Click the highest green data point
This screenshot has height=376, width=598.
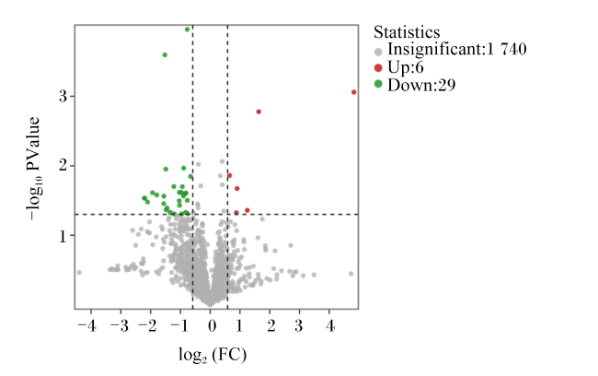pyautogui.click(x=188, y=29)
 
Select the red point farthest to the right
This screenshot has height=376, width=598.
pyautogui.click(x=354, y=92)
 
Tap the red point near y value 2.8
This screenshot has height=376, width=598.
pyautogui.click(x=259, y=112)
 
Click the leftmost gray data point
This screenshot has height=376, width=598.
pyautogui.click(x=79, y=273)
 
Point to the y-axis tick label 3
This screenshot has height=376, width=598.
pyautogui.click(x=63, y=96)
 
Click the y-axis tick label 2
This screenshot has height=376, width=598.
pyautogui.click(x=63, y=166)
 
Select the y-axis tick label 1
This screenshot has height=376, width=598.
pyautogui.click(x=63, y=237)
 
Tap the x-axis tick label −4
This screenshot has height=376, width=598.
pyautogui.click(x=87, y=327)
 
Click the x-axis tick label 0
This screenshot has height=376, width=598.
pyautogui.click(x=212, y=327)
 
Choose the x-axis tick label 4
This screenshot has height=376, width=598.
pyautogui.click(x=330, y=327)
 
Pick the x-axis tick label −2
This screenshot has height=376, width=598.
pyautogui.click(x=147, y=327)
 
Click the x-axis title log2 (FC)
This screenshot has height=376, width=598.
pyautogui.click(x=213, y=355)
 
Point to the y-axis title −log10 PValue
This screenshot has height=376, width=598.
pyautogui.click(x=33, y=169)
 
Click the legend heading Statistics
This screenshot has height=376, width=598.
pyautogui.click(x=407, y=32)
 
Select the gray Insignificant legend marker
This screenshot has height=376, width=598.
pyautogui.click(x=378, y=52)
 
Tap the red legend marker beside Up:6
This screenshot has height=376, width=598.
pyautogui.click(x=378, y=68)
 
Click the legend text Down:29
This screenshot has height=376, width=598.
pyautogui.click(x=421, y=85)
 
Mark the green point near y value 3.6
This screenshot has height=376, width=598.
pyautogui.click(x=165, y=55)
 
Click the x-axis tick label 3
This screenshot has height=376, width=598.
pyautogui.click(x=299, y=327)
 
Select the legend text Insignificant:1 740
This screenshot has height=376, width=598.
pyautogui.click(x=457, y=50)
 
